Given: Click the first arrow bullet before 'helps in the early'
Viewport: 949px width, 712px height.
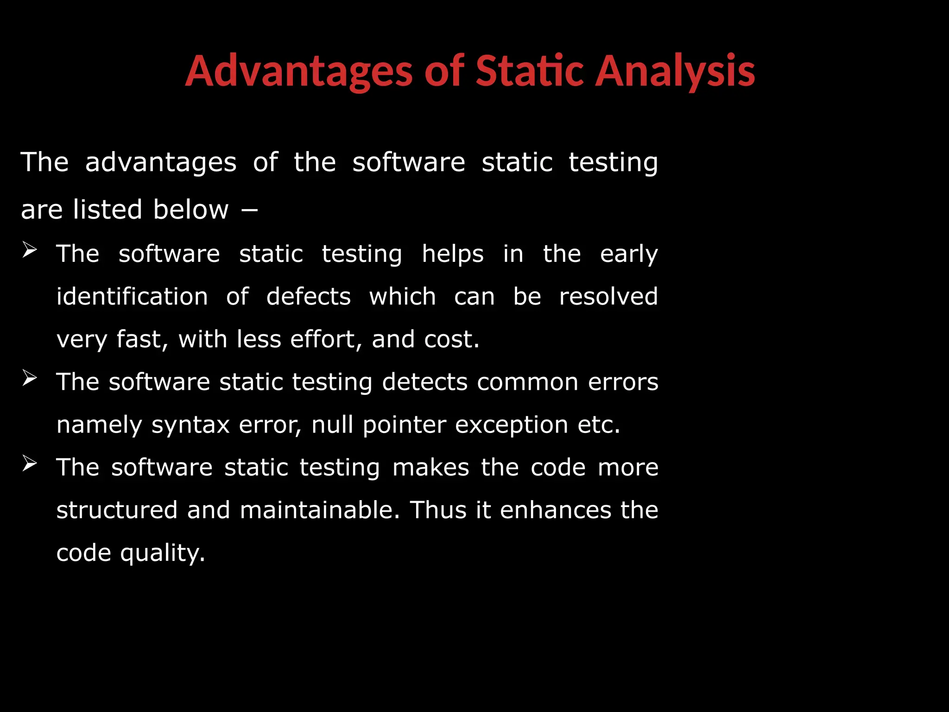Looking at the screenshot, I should [x=29, y=250].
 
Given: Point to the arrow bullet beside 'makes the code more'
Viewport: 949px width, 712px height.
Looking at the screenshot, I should [x=29, y=464].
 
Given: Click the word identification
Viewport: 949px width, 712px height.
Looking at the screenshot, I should [x=132, y=297].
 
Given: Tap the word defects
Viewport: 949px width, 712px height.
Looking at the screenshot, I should [x=309, y=297].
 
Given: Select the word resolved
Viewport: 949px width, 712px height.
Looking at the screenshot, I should [x=608, y=297].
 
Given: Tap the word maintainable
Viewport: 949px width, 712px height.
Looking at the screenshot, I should [x=319, y=510].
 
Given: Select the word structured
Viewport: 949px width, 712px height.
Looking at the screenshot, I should [x=117, y=510].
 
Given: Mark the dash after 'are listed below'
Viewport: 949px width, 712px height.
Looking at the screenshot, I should [x=249, y=210].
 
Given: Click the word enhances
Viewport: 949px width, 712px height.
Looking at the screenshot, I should [x=556, y=510].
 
